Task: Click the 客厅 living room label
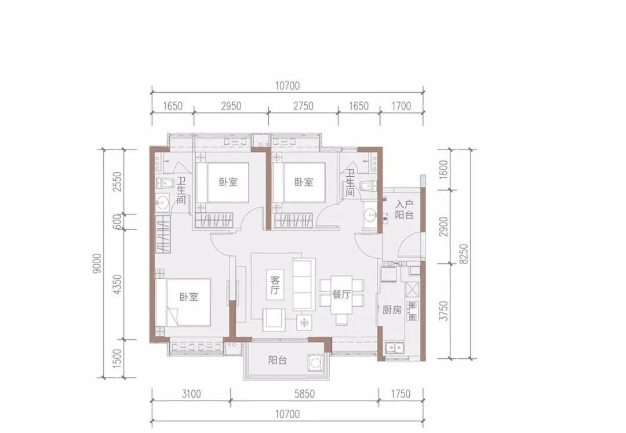(275, 284)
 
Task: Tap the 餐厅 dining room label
(341, 294)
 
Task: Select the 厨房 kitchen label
(391, 310)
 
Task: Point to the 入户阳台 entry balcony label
(404, 210)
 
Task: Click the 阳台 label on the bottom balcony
(278, 361)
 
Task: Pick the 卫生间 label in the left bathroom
(181, 191)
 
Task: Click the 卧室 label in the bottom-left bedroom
(188, 297)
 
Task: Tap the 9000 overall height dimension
(97, 263)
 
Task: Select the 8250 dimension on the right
(463, 254)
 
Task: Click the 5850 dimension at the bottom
(305, 394)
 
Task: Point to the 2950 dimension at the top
(231, 106)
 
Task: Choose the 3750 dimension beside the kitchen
(443, 311)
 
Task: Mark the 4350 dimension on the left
(117, 284)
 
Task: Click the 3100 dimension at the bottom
(191, 394)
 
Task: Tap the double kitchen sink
(395, 348)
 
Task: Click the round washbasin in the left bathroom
(162, 202)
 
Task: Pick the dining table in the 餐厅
(341, 295)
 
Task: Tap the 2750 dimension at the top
(303, 106)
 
